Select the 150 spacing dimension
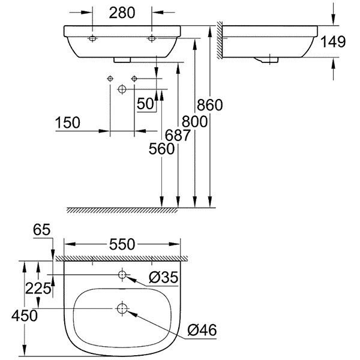(67, 123)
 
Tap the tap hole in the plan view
(122, 275)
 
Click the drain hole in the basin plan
(122, 310)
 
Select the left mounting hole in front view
(93, 38)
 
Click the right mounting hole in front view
(152, 38)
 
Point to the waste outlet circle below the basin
(122, 89)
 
